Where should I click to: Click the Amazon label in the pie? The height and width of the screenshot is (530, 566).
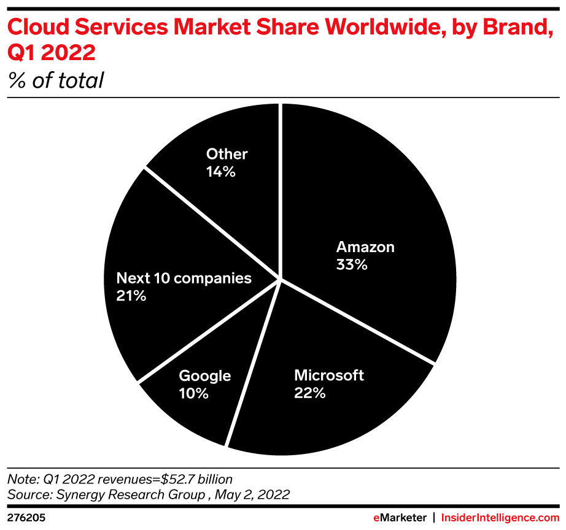(365, 247)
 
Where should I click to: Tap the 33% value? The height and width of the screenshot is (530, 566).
(352, 265)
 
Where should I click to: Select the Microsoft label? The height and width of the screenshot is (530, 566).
(329, 375)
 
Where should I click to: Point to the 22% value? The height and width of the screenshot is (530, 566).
(310, 393)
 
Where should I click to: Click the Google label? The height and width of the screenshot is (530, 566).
(204, 375)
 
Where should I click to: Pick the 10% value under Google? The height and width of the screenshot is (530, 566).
(193, 393)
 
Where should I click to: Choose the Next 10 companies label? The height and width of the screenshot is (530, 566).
(184, 278)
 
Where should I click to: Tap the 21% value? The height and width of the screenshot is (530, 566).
(131, 296)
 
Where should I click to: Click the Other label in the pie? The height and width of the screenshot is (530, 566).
(227, 154)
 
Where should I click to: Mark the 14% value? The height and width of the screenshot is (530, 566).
(221, 172)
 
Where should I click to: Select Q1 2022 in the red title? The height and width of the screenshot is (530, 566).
(52, 53)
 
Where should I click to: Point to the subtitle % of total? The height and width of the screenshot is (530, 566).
(56, 80)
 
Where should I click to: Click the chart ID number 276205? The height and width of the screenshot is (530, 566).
(26, 518)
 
